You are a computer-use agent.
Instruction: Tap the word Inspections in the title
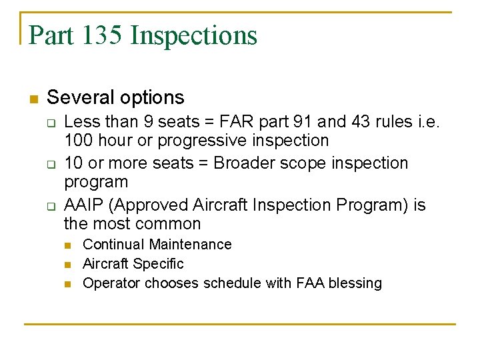coord(194,35)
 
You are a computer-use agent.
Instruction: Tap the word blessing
coord(356,283)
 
